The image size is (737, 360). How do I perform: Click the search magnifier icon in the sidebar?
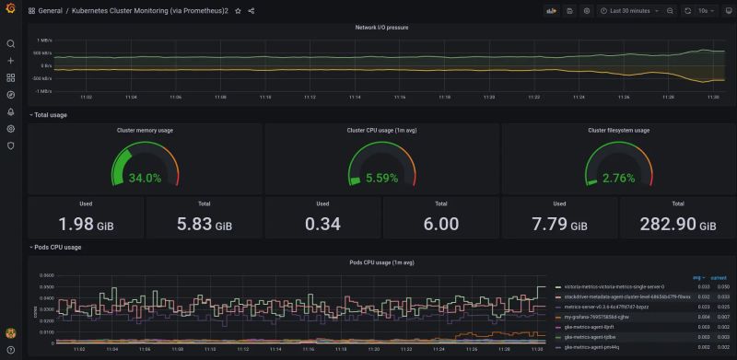(x=11, y=43)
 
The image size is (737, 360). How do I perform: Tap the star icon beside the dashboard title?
(x=238, y=11)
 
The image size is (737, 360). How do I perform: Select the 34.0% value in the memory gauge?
(x=145, y=178)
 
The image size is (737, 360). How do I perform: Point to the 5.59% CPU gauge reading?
(x=381, y=178)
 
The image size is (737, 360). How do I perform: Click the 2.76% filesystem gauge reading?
(x=618, y=178)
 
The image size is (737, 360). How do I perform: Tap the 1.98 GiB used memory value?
(x=86, y=224)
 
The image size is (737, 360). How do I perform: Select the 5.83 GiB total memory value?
(x=204, y=224)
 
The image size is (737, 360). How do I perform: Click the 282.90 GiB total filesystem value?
(x=677, y=224)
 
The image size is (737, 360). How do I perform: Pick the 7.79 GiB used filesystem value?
(x=559, y=224)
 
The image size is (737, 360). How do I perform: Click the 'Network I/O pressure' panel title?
(x=381, y=28)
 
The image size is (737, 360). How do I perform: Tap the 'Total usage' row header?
(x=50, y=115)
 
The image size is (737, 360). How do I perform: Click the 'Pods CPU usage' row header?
(x=57, y=247)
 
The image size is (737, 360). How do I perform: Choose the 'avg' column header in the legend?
(x=696, y=277)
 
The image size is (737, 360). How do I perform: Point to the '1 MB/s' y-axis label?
(x=44, y=41)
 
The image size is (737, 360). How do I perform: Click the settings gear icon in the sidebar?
(x=11, y=128)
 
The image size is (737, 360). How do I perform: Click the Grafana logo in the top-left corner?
(x=11, y=11)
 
